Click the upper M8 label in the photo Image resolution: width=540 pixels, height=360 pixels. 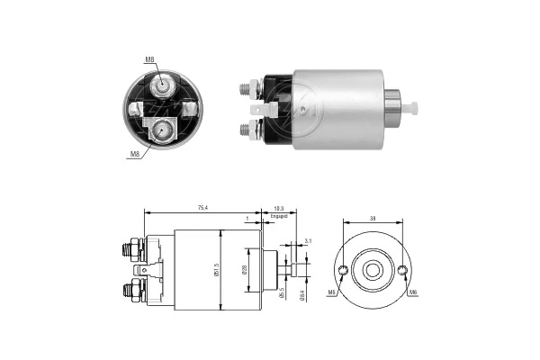[x=149, y=61]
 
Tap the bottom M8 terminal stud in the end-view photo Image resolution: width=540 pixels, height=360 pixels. [x=163, y=130]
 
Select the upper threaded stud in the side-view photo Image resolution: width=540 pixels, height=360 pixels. [x=246, y=87]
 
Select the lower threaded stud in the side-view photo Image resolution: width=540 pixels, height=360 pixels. [x=246, y=129]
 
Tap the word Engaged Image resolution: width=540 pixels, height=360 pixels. [x=278, y=216]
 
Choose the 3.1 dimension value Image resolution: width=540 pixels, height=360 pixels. [x=308, y=241]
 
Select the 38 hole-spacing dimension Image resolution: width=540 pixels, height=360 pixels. [x=373, y=217]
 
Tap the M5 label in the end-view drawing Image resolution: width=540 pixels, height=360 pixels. [x=331, y=292]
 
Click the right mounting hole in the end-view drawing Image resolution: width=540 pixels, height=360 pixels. [x=402, y=270]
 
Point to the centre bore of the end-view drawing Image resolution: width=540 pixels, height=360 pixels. [x=373, y=270]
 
